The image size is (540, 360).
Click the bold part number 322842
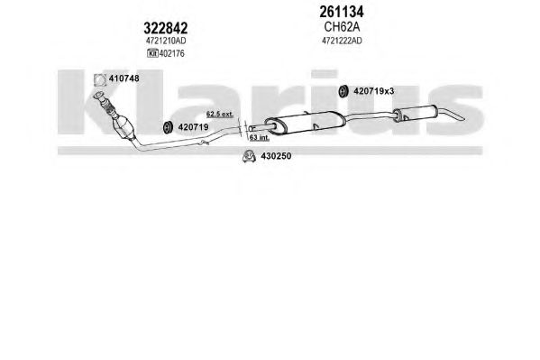pos(165,28)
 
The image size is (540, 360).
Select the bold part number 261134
pos(342,12)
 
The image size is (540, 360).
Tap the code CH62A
pos(342,26)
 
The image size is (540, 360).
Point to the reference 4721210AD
pos(166,41)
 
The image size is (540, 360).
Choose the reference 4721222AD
pos(342,41)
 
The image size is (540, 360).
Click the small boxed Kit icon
pos(152,53)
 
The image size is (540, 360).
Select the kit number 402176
pos(171,53)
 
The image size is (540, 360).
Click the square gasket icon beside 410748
pos(100,80)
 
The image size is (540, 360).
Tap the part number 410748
pos(124,78)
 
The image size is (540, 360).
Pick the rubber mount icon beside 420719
pos(168,127)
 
